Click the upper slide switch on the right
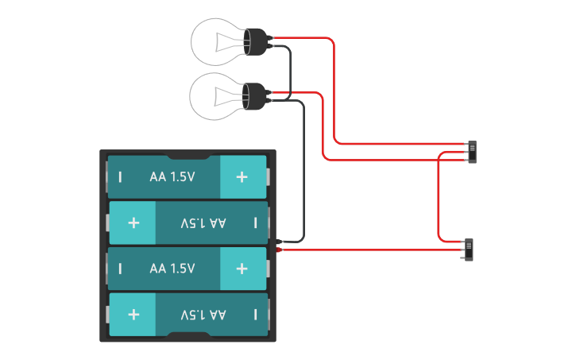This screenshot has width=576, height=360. [x=473, y=152]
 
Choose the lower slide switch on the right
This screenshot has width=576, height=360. [x=470, y=250]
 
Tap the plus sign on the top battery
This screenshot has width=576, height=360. [x=242, y=176]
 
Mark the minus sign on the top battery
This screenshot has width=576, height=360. [x=120, y=176]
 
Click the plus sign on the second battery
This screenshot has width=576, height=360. [x=133, y=223]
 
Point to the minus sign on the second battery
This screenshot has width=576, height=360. [x=255, y=223]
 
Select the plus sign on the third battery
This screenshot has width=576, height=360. [x=242, y=269]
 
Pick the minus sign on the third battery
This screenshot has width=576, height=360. [x=120, y=269]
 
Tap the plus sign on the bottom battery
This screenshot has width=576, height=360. [x=133, y=315]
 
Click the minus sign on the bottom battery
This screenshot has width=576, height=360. [x=255, y=315]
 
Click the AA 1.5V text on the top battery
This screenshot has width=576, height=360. [x=172, y=176]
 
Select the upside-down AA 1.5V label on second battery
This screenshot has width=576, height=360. [x=203, y=223]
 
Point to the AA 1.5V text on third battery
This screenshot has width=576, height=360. [x=172, y=269]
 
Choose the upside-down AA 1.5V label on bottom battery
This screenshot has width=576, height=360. [x=203, y=315]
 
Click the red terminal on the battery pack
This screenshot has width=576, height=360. [x=280, y=251]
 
